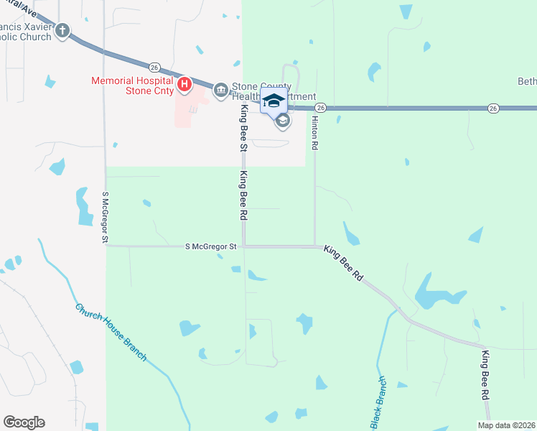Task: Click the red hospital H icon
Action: pyautogui.click(x=185, y=85)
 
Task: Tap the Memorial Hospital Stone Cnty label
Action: pyautogui.click(x=132, y=85)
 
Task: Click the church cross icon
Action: pyautogui.click(x=63, y=30)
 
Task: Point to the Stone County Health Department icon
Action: pyautogui.click(x=221, y=90)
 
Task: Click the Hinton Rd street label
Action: pyautogui.click(x=314, y=132)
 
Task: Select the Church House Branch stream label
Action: pyautogui.click(x=111, y=332)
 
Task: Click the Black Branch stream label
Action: pyautogui.click(x=378, y=402)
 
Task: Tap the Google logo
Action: pyautogui.click(x=24, y=422)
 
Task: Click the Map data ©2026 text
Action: pyautogui.click(x=506, y=425)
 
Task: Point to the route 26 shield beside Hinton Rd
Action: pyautogui.click(x=320, y=108)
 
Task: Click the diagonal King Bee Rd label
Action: pyautogui.click(x=344, y=264)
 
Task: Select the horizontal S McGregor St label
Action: pyautogui.click(x=211, y=246)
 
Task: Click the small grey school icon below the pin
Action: pyautogui.click(x=283, y=121)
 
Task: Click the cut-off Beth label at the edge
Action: pyautogui.click(x=527, y=81)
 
